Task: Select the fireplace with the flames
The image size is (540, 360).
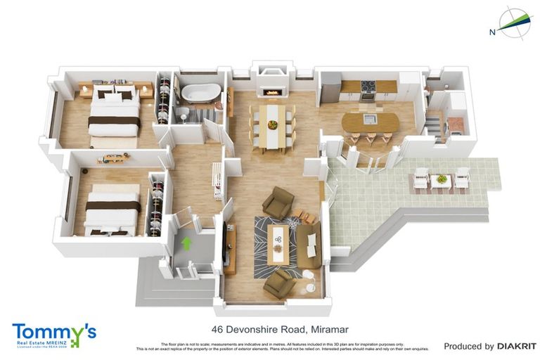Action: click(271, 91)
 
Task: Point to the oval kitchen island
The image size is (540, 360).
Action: click(370, 122)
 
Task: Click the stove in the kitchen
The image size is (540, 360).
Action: click(368, 90)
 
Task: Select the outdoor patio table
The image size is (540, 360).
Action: click(440, 179)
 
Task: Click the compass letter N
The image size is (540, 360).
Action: click(492, 32)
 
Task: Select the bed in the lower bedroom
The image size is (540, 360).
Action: click(111, 209)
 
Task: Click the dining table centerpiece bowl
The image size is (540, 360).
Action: click(272, 125)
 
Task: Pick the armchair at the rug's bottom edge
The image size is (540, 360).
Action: click(279, 283)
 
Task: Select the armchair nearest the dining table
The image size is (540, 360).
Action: click(278, 202)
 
